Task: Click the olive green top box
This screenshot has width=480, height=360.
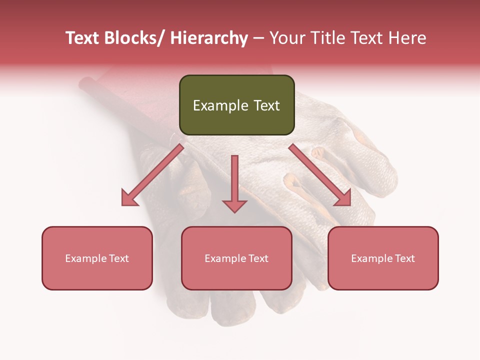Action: pyautogui.click(x=236, y=105)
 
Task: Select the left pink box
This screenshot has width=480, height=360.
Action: pyautogui.click(x=97, y=258)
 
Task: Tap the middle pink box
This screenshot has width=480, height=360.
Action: pyautogui.click(x=236, y=258)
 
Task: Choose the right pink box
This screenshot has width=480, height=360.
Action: pyautogui.click(x=383, y=258)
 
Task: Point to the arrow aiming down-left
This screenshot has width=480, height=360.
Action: pyautogui.click(x=152, y=175)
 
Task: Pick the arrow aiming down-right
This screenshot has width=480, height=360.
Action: pyautogui.click(x=320, y=175)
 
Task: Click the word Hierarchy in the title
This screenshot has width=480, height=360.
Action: pyautogui.click(x=209, y=38)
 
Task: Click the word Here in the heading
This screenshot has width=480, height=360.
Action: pyautogui.click(x=407, y=38)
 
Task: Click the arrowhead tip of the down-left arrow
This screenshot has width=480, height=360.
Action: pyautogui.click(x=123, y=204)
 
